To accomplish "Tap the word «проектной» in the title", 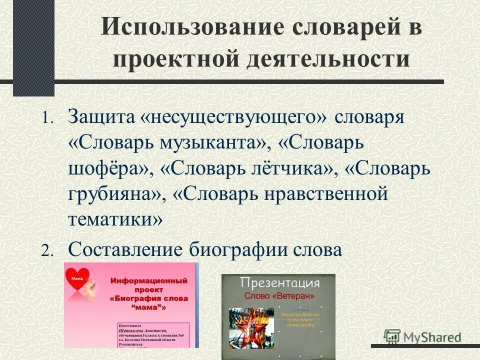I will pyautogui.click(x=173, y=59).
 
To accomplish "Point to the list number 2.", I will pyautogui.click(x=46, y=251).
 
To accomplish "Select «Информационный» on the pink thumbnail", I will pyautogui.click(x=152, y=281).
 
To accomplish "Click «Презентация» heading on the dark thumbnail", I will pyautogui.click(x=279, y=283).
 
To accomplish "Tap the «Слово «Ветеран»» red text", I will pyautogui.click(x=279, y=295).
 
